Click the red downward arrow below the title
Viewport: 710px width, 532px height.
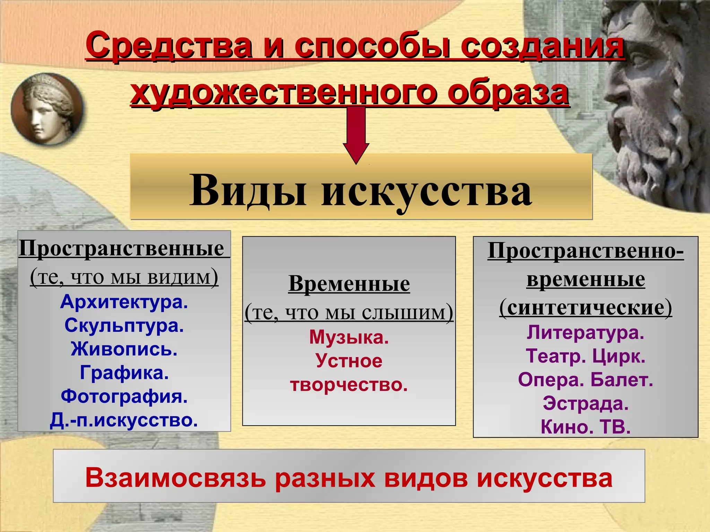click(356, 135)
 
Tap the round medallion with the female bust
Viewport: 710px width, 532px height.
click(47, 109)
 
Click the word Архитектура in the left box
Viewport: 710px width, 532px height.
click(124, 302)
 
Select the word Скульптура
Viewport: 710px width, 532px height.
click(124, 326)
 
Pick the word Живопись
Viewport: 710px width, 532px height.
click(124, 349)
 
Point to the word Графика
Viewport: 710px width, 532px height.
click(124, 373)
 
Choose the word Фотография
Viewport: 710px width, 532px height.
click(124, 396)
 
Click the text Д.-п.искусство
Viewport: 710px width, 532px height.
click(124, 420)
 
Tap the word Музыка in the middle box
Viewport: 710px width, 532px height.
click(348, 337)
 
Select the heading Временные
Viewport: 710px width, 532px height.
click(349, 284)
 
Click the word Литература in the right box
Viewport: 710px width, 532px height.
click(585, 333)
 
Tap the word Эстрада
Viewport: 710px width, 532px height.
click(585, 404)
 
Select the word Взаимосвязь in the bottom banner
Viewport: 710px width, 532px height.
click(175, 478)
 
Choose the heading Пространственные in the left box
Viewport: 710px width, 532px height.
click(121, 249)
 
